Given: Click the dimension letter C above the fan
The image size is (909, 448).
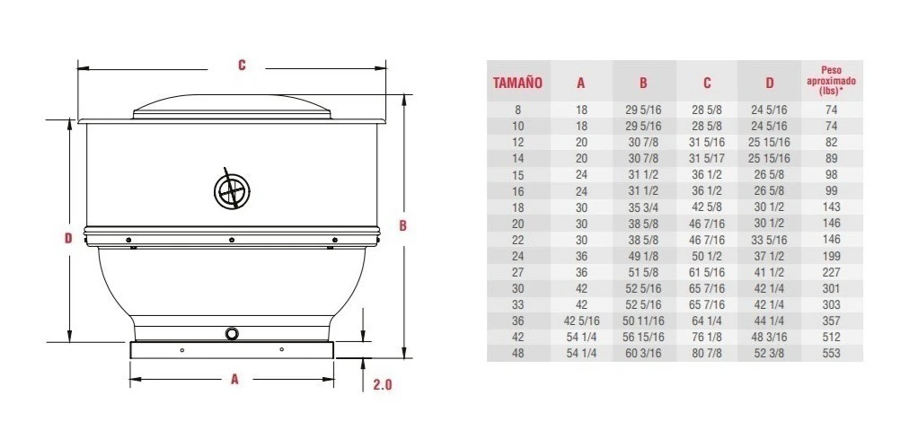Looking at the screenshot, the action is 242,65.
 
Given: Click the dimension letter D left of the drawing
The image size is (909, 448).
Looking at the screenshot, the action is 68,238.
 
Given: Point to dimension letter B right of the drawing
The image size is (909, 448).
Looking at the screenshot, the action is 402,226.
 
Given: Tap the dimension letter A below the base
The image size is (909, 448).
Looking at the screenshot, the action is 234,379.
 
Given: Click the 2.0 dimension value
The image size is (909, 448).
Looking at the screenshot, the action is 383,384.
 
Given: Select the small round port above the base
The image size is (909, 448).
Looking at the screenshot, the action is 232,333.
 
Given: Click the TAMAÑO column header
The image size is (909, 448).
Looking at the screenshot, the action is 517,83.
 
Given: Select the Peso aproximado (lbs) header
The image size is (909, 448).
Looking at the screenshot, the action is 832,81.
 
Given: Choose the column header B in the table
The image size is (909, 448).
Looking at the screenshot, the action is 643,83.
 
